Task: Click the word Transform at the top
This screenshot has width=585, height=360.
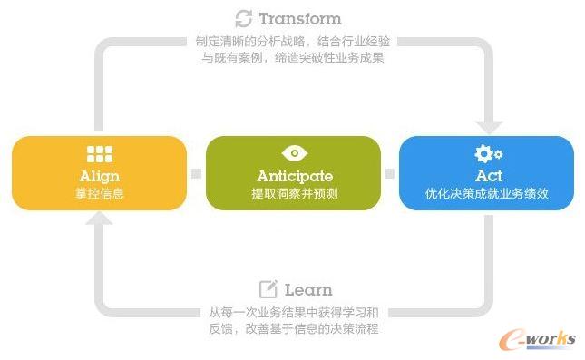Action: [x=300, y=18]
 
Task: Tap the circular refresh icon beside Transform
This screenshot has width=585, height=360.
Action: [x=243, y=18]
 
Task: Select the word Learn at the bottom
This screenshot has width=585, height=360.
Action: [x=308, y=290]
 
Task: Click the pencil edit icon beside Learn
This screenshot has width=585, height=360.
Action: [x=268, y=289]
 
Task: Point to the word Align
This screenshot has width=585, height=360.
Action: [x=99, y=175]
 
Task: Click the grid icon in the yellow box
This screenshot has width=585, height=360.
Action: [x=99, y=154]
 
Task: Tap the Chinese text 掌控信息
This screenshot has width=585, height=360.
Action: [x=99, y=193]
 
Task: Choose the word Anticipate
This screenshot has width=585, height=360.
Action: [x=295, y=175]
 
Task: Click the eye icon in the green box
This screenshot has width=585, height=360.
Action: [x=295, y=153]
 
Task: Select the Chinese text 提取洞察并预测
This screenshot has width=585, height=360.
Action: [x=295, y=193]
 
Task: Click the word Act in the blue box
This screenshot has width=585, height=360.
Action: [x=488, y=175]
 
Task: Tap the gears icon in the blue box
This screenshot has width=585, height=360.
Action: [x=488, y=153]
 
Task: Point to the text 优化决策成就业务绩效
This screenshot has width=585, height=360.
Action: [x=488, y=193]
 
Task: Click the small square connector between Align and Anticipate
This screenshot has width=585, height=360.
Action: [x=196, y=173]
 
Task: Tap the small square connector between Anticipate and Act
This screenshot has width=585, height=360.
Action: [x=390, y=173]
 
